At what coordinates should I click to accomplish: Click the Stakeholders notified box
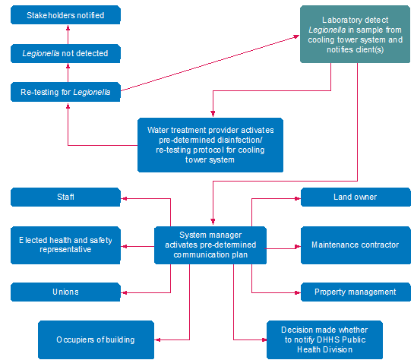coord(65,15)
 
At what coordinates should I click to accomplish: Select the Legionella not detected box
coord(65,53)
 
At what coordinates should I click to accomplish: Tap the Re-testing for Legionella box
coord(65,93)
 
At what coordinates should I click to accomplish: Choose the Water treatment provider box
coord(210,144)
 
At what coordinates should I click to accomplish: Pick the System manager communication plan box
coord(210,245)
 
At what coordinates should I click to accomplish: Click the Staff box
coord(65,197)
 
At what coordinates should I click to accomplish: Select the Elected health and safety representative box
coord(65,245)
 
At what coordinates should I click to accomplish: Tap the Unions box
coord(65,292)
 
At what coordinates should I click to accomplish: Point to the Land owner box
coord(355,197)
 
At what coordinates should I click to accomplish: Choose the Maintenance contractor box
coord(355,245)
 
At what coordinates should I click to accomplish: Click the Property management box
coord(355,292)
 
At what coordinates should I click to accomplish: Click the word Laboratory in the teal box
coord(337,19)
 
